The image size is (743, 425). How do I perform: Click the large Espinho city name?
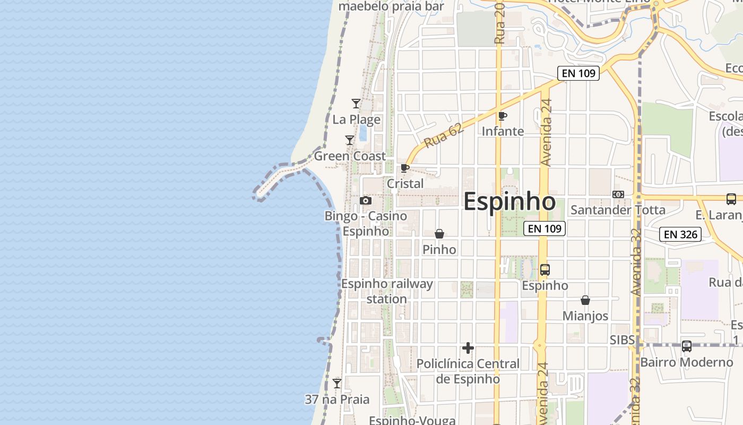(x=509, y=202)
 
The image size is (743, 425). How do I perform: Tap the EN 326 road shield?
(x=680, y=234)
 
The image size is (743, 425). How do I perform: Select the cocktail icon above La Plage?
(x=356, y=104)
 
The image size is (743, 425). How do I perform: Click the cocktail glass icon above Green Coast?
(x=350, y=140)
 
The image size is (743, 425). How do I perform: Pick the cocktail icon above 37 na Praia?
(x=337, y=383)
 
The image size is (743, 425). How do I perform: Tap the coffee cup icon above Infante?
(x=503, y=116)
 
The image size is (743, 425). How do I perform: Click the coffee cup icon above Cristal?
(x=405, y=168)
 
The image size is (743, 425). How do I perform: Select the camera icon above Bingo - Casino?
(x=365, y=200)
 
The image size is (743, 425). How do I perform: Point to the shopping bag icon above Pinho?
(x=439, y=234)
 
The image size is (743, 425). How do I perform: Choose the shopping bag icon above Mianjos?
(x=585, y=300)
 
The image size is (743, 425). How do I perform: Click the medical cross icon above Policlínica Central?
(x=468, y=348)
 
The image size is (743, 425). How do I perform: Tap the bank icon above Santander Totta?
(x=618, y=194)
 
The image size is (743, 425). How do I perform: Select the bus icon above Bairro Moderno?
(x=687, y=346)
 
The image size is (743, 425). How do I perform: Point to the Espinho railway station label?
(x=387, y=291)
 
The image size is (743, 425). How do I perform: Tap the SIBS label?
(x=621, y=339)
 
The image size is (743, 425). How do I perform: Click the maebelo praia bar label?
(x=391, y=6)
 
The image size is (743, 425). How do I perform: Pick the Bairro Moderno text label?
(x=687, y=362)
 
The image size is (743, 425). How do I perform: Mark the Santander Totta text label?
(x=618, y=210)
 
